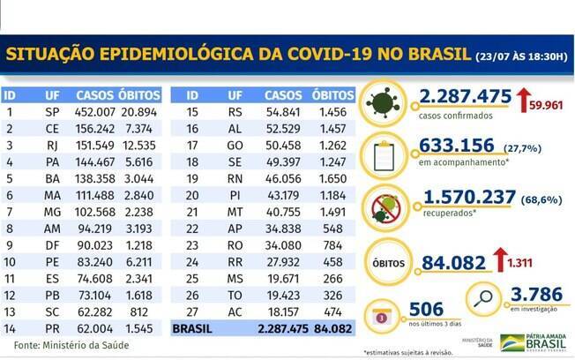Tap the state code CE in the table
[52, 129]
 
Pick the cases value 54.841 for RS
[282, 113]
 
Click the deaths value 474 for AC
[334, 313]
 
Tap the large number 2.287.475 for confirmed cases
[453, 100]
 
